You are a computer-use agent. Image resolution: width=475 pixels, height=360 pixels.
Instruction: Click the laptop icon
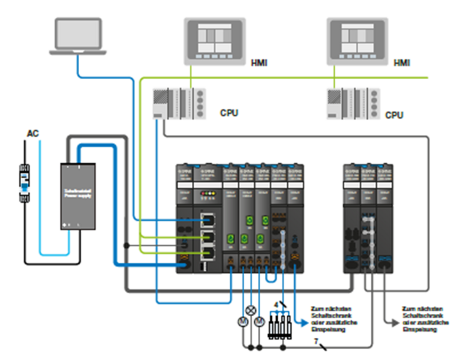(x=78, y=36)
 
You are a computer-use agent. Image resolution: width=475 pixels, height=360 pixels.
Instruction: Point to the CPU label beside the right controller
(x=394, y=115)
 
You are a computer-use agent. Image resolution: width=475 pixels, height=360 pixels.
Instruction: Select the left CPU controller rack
(x=179, y=103)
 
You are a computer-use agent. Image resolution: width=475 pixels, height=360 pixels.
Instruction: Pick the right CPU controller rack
(x=353, y=104)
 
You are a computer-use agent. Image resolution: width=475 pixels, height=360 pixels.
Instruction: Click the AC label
(x=33, y=133)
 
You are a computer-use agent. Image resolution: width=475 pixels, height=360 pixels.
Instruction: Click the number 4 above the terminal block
(x=276, y=305)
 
